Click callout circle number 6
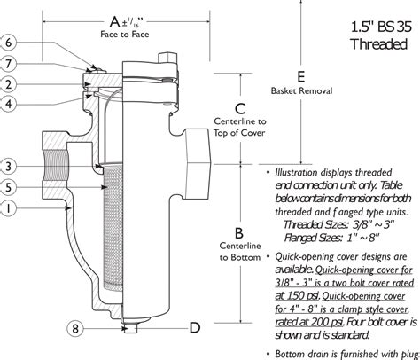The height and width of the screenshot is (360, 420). (x=8, y=42)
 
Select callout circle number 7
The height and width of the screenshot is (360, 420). (x=8, y=63)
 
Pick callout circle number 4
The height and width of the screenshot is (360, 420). (x=8, y=105)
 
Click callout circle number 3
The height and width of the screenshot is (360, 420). (x=8, y=166)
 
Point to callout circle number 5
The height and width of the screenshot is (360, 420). (x=8, y=187)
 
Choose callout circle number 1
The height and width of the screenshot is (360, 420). (x=8, y=208)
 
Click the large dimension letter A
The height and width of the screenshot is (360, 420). (x=114, y=19)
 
